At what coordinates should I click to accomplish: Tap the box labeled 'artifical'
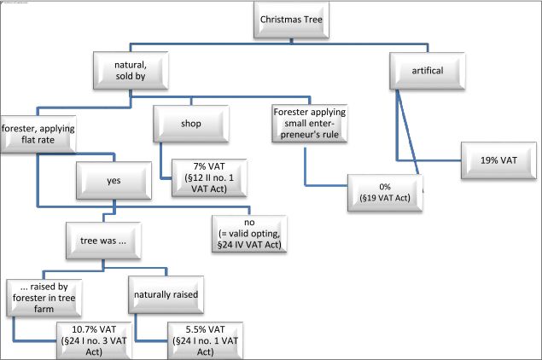click(428, 71)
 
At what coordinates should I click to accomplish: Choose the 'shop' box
click(189, 125)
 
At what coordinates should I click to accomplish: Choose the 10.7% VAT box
click(90, 340)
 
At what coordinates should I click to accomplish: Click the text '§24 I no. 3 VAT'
click(90, 341)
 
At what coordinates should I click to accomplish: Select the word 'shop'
click(189, 125)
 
